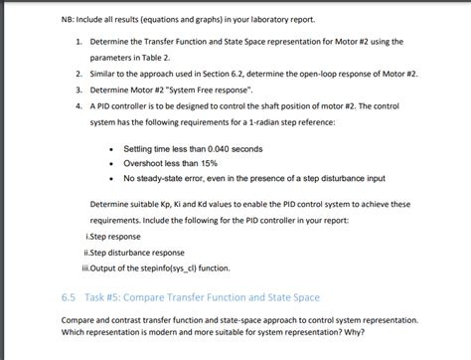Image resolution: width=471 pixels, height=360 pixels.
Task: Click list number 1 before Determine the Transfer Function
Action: pos(77,43)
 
